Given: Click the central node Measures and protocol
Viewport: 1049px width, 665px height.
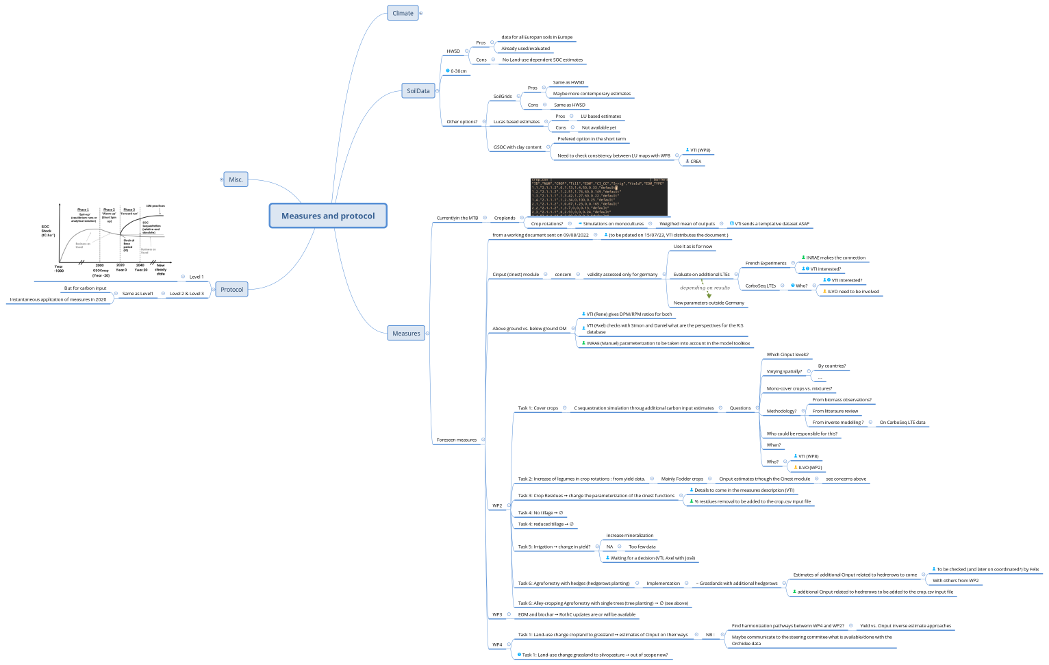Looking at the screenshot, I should [x=328, y=216].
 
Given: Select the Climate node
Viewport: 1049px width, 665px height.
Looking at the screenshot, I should [x=403, y=13].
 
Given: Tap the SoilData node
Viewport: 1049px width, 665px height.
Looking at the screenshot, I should [x=418, y=91].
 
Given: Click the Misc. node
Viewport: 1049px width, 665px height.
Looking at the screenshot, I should [x=236, y=179].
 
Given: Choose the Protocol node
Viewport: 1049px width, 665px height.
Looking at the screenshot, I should [x=231, y=290].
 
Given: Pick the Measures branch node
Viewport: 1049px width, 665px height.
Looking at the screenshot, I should [x=406, y=334].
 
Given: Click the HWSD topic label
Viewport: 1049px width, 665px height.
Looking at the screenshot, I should [x=453, y=51].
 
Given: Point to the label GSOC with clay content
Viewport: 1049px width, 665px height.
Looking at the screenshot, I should [x=517, y=147].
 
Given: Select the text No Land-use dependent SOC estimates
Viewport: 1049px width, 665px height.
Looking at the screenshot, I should [x=542, y=60].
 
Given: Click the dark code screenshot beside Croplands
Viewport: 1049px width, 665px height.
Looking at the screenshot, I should [x=598, y=197].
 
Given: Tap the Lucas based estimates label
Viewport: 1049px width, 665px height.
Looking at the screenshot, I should [x=516, y=122].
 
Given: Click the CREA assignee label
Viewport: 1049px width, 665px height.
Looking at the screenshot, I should [x=696, y=162].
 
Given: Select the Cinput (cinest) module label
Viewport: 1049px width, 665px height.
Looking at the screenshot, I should [x=516, y=275].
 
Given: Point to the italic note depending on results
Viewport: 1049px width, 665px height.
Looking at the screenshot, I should [x=705, y=288].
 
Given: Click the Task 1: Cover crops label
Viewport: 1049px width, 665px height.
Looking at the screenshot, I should [x=538, y=408].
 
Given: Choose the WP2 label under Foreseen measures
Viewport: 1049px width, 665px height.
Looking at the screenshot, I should [x=497, y=506].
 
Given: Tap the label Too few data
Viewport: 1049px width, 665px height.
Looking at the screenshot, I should [x=642, y=547].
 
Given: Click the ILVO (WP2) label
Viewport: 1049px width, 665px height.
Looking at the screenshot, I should [x=810, y=468].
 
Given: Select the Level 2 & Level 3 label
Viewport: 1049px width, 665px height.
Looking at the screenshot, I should [x=186, y=294].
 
